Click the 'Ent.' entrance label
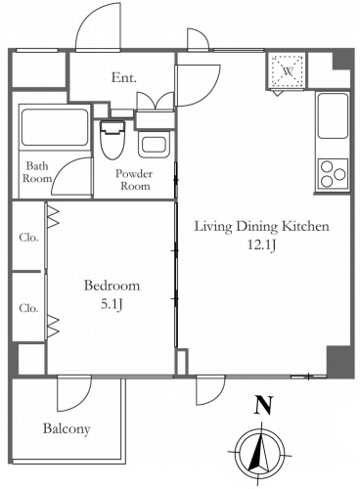123,77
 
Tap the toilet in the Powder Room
112,140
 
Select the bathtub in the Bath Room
55,127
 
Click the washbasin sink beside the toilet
155,145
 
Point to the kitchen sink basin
333,115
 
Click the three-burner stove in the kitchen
333,174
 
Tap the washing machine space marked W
288,70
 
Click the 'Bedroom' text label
112,286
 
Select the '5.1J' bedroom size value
112,304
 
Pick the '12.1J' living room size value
262,244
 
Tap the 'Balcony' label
67,428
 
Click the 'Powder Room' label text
134,180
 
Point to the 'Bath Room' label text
37,172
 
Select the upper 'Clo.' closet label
28,238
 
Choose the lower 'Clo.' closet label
28,308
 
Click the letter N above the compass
263,405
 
